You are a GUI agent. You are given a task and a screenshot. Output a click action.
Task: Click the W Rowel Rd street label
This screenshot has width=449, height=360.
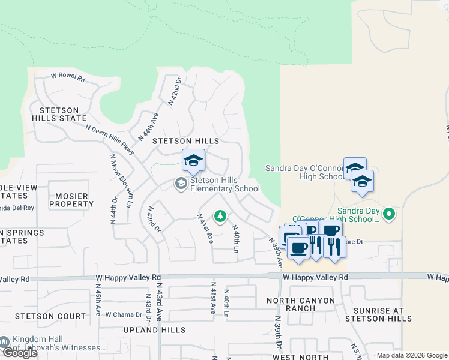[68, 77]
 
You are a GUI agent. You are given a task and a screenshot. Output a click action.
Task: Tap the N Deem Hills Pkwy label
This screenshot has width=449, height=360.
[110, 137]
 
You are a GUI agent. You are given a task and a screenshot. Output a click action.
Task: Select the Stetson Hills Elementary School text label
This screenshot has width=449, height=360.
[225, 184]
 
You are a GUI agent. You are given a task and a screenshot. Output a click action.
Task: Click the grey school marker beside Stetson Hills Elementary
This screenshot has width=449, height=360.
[180, 183]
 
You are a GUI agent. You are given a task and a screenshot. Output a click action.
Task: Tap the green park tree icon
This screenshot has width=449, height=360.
[220, 215]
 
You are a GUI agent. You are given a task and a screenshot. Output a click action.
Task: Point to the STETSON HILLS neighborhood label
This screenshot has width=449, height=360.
[185, 140]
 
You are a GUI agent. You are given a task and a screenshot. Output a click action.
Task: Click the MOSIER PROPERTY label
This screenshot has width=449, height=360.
[71, 200]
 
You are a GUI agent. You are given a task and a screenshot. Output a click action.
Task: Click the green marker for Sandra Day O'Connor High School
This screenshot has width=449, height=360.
[389, 213]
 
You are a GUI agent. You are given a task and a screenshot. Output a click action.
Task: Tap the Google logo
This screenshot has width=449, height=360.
[20, 353]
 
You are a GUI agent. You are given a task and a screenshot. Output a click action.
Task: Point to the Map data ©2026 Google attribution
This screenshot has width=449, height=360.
[411, 355]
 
